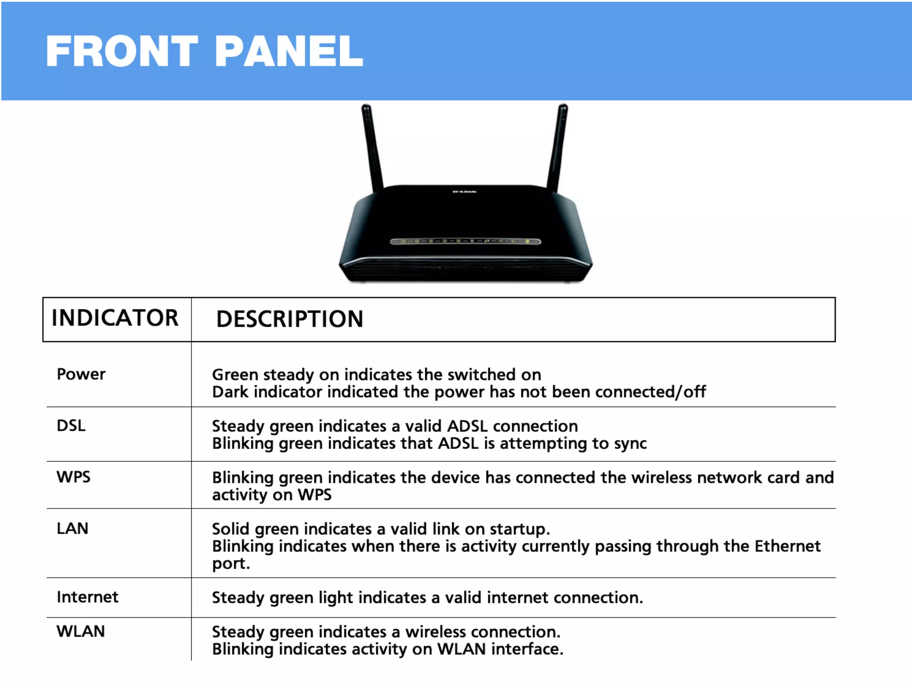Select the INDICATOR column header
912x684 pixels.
(x=115, y=318)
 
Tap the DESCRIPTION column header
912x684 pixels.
(x=290, y=319)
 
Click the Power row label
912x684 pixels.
(x=81, y=374)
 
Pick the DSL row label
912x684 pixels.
(x=71, y=426)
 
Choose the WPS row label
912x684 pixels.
(x=73, y=477)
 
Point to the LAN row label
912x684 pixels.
(x=73, y=529)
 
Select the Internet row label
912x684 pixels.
(x=88, y=597)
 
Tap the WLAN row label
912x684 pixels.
(x=81, y=631)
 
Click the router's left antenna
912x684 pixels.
(x=372, y=147)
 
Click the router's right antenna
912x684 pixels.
(x=558, y=147)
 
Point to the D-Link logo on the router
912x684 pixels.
(x=464, y=192)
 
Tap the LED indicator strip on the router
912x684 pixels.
(x=465, y=241)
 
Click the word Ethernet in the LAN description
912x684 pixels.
(x=787, y=546)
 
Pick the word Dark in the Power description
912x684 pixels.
(x=230, y=392)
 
